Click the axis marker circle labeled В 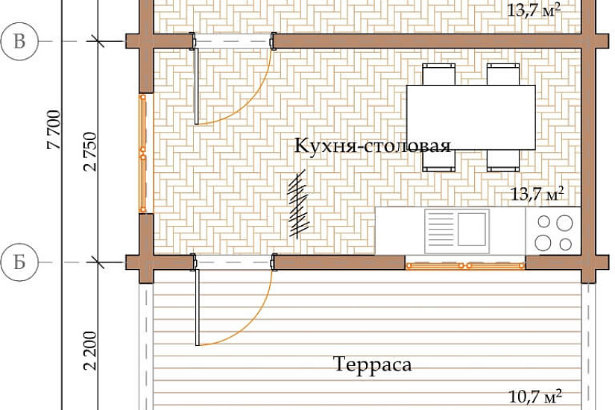click(x=19, y=41)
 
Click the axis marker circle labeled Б click(x=19, y=262)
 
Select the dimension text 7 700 click(x=54, y=130)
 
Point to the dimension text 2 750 click(x=89, y=151)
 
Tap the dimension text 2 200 click(x=89, y=351)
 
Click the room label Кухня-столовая click(x=372, y=145)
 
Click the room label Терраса click(x=373, y=364)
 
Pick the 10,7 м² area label click(x=535, y=396)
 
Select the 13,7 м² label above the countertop click(x=537, y=194)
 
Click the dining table click(x=471, y=117)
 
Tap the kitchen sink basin click(x=472, y=230)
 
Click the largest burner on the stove click(x=564, y=222)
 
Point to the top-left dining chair click(x=439, y=74)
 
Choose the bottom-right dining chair click(x=503, y=161)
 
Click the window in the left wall click(x=144, y=154)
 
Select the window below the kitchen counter click(x=465, y=266)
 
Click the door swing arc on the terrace click(x=252, y=323)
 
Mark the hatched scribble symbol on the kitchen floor click(x=298, y=204)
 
